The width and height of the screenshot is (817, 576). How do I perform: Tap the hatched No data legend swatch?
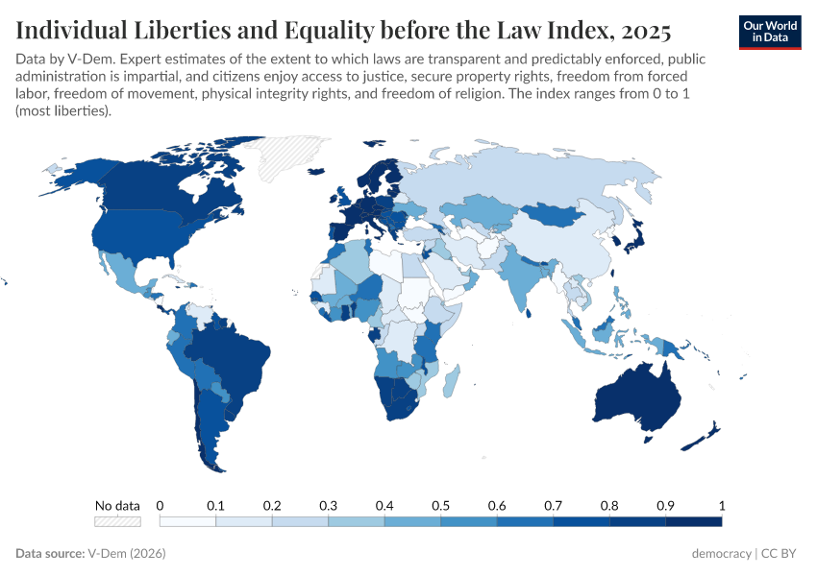pos(117,521)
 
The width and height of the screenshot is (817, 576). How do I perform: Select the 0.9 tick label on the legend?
pos(665,505)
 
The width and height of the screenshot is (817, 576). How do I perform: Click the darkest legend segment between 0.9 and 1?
pos(693,521)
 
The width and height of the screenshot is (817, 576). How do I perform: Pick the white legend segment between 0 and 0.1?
pos(187,521)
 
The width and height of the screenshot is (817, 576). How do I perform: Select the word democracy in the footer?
pos(722,554)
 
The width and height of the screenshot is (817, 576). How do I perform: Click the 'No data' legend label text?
pos(117,505)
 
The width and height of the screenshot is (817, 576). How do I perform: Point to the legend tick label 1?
pos(721,505)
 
